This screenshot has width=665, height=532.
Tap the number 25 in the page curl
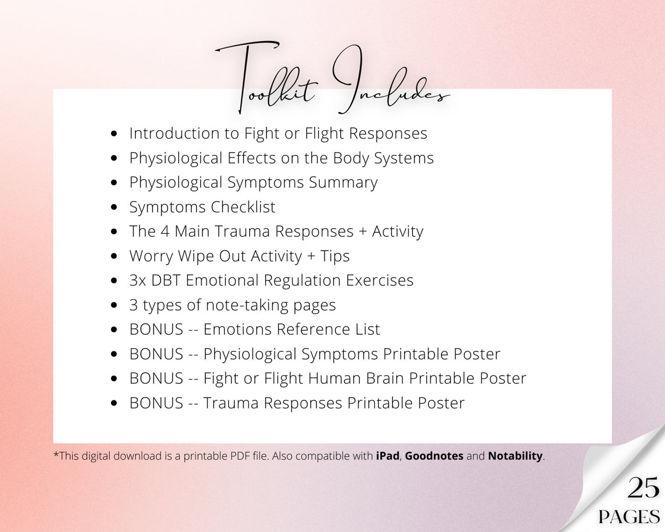click(643, 488)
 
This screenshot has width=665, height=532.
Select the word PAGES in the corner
click(629, 517)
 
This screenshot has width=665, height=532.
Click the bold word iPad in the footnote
click(387, 456)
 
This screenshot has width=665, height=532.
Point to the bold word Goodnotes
click(434, 456)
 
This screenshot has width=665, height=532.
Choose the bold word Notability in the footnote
click(515, 456)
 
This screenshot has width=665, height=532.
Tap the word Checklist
click(243, 207)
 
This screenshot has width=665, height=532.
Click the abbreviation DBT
click(165, 280)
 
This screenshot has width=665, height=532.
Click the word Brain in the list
click(385, 378)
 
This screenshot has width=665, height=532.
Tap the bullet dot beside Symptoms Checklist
click(114, 207)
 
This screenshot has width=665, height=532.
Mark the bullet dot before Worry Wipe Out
click(114, 256)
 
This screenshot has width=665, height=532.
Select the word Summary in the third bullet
click(343, 183)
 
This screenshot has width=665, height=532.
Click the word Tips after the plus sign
click(335, 256)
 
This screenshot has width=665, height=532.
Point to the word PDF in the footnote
click(240, 456)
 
